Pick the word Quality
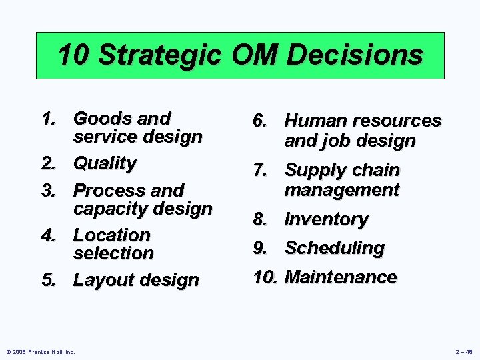tap(105, 163)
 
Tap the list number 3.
tap(48, 190)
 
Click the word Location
tap(112, 235)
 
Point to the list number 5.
tap(48, 280)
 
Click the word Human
tap(317, 121)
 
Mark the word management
tap(342, 190)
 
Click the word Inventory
tap(327, 219)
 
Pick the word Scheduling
tap(335, 248)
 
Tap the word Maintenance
tap(341, 277)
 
